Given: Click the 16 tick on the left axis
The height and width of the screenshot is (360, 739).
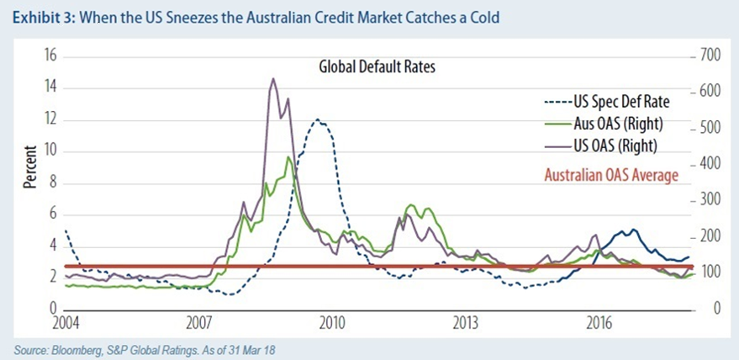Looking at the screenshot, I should pyautogui.click(x=48, y=56).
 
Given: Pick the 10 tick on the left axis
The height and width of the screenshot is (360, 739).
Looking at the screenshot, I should pyautogui.click(x=48, y=151).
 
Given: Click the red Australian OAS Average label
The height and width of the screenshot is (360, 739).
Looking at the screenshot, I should pyautogui.click(x=611, y=177).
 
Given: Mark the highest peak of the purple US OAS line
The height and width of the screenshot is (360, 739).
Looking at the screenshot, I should pyautogui.click(x=272, y=79).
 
